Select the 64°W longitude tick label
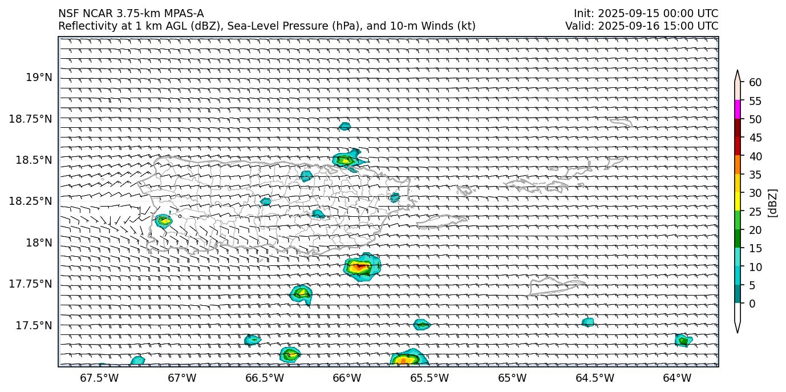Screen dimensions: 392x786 (677, 378)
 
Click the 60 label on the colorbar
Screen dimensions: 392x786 (755, 83)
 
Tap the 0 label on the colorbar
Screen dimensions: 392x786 (752, 304)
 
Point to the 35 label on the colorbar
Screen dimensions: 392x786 (755, 175)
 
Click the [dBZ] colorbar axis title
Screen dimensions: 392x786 (773, 203)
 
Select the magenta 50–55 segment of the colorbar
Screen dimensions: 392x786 (738, 110)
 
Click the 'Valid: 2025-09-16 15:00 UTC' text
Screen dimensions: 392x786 (642, 26)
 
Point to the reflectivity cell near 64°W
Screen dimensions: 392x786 (683, 341)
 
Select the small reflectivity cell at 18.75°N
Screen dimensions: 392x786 (345, 126)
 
